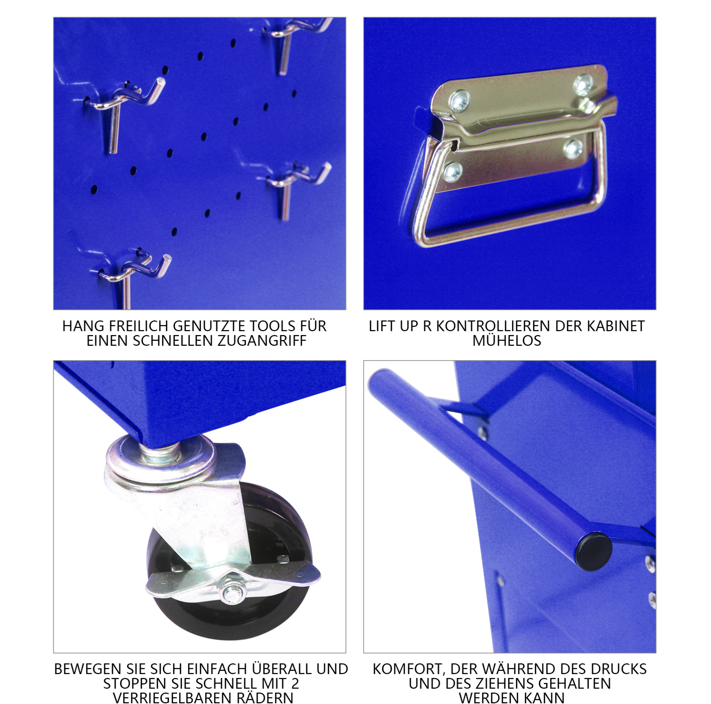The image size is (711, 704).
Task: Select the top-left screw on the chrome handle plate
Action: tap(460, 100)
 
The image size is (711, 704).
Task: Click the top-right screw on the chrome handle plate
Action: tap(583, 85)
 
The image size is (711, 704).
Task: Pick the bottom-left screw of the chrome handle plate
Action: tap(453, 172)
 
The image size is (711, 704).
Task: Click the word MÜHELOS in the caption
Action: tap(507, 340)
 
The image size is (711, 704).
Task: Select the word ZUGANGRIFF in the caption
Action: tap(262, 341)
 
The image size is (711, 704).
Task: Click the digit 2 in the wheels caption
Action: tap(295, 683)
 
